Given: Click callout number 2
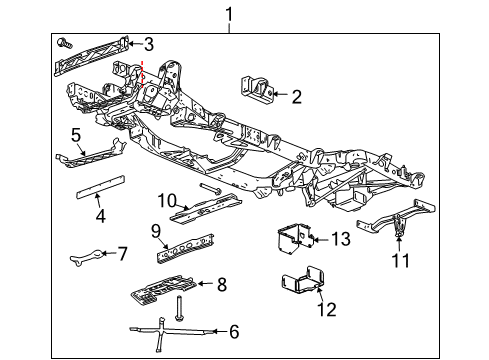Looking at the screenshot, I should click(297, 97).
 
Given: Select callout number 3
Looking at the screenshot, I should click(148, 43).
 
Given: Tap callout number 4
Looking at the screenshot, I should click(100, 215).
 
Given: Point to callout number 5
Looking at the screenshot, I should click(75, 134).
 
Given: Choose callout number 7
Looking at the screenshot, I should click(123, 254).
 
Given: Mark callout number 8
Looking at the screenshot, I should click(221, 284).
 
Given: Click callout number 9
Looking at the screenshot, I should click(157, 230).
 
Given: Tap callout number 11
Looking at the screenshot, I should click(401, 261).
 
